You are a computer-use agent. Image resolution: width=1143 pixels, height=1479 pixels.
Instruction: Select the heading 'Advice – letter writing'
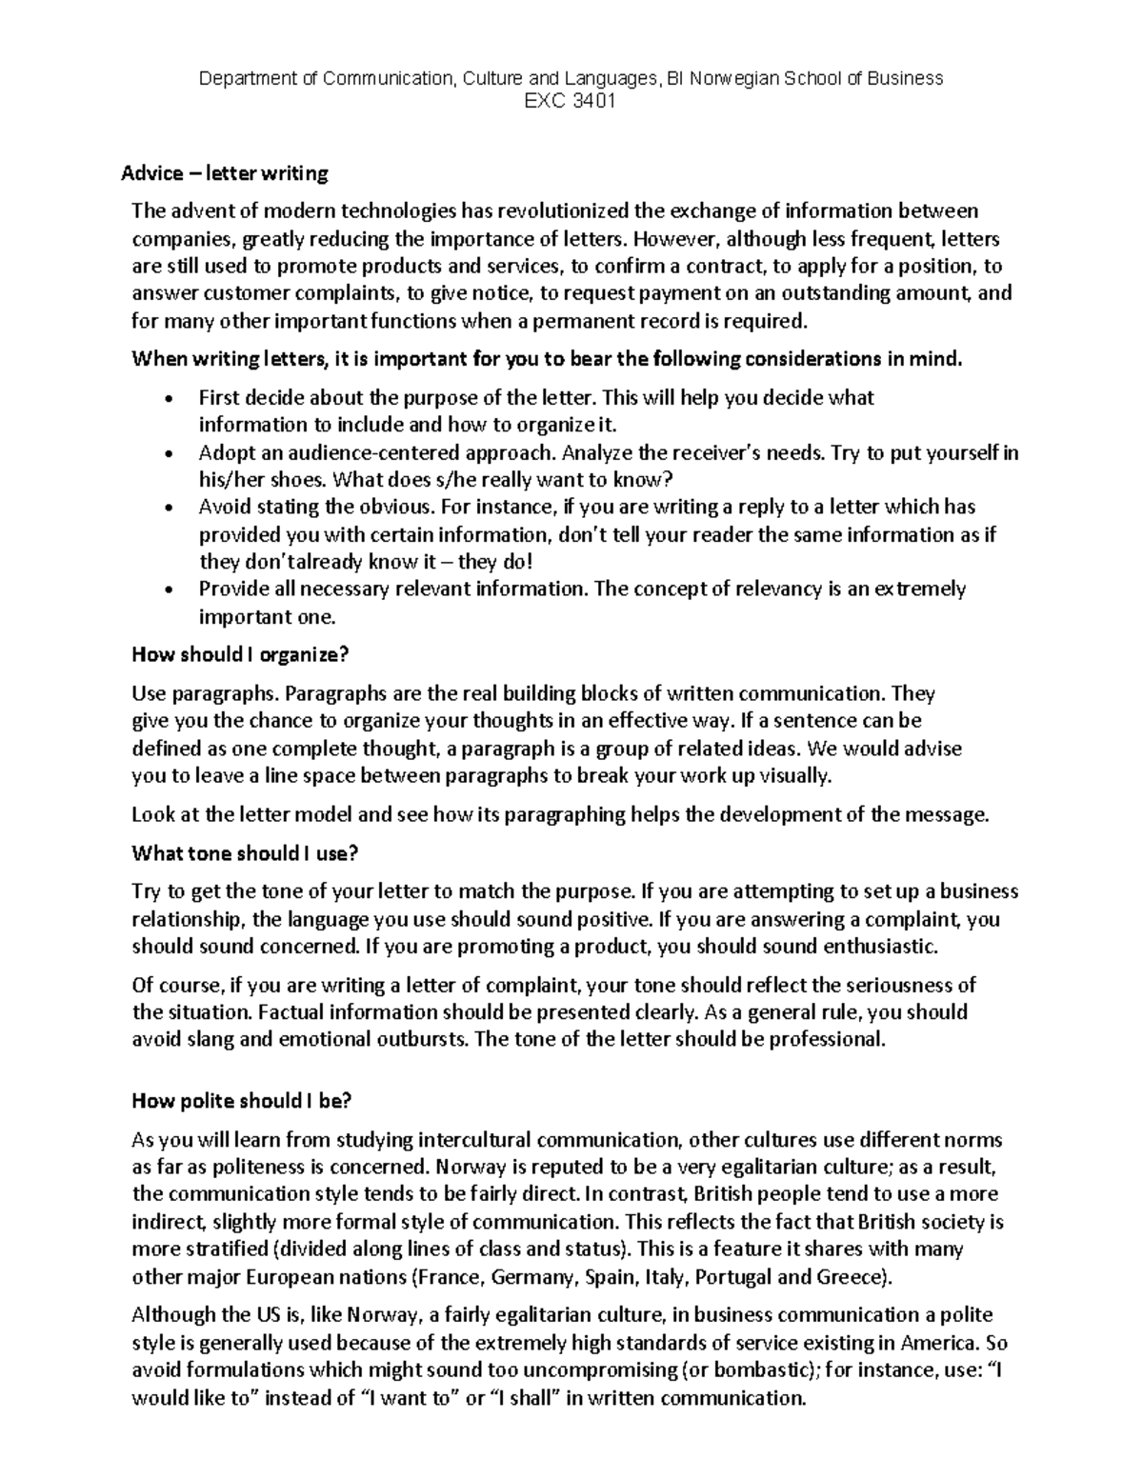tap(224, 173)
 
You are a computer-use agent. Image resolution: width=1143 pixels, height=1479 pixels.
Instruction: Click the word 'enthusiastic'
tap(881, 947)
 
